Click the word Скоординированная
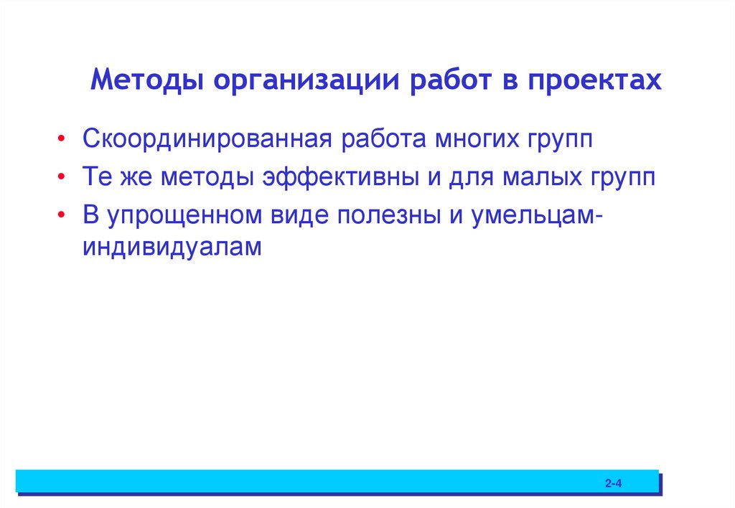click(206, 138)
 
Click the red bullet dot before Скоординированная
click(65, 139)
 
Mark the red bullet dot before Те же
click(65, 177)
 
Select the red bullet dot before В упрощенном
click(65, 215)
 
